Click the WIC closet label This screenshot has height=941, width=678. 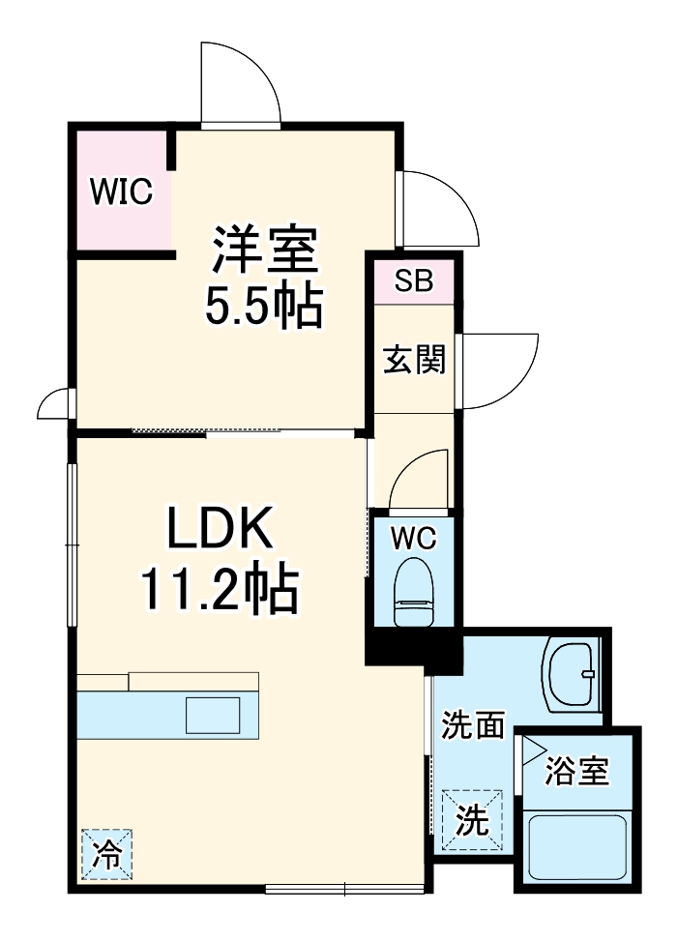tap(122, 191)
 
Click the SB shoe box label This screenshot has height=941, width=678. tap(413, 282)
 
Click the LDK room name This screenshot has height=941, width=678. tap(222, 530)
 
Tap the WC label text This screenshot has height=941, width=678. tap(414, 535)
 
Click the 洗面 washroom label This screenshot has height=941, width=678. tap(473, 724)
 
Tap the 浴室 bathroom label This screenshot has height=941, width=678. tap(577, 770)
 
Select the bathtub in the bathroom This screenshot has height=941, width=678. tap(576, 845)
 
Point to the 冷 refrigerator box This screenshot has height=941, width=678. tap(106, 854)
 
